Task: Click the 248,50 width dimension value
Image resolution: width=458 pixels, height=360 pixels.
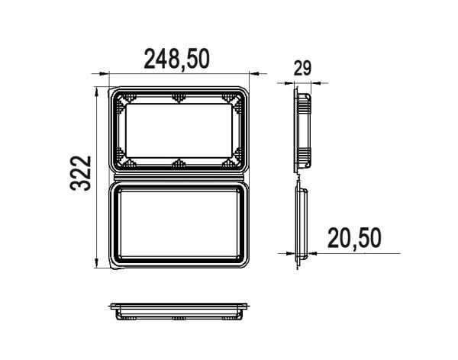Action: click(177, 59)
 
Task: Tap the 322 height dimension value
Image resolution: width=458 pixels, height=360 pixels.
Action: click(81, 173)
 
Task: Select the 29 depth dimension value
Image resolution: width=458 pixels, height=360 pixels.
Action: click(302, 69)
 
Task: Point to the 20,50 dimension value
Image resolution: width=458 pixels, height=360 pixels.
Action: click(354, 238)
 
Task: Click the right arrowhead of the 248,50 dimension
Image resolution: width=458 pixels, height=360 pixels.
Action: click(253, 73)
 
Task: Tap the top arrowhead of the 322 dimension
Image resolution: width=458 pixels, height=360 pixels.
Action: click(97, 92)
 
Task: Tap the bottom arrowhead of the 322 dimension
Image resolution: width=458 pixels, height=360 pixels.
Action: click(97, 263)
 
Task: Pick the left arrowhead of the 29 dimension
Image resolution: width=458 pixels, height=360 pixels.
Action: click(289, 83)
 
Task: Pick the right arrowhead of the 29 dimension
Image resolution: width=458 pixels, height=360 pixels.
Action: click(316, 83)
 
